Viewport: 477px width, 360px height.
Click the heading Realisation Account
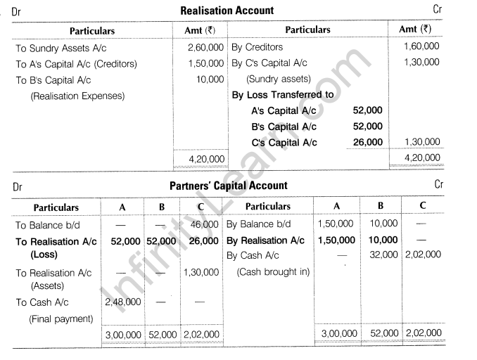coord(227,11)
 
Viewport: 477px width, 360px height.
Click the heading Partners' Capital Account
coord(229,186)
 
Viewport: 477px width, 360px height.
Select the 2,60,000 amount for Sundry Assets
coord(206,48)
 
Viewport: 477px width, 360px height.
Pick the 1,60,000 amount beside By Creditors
coord(421,46)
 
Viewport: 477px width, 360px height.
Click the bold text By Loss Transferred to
coord(283,94)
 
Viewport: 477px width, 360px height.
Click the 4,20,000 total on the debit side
coord(206,160)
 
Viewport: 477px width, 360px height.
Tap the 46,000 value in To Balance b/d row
coord(204,224)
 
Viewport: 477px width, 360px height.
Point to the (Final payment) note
coord(61,318)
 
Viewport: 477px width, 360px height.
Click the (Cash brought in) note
coord(273,271)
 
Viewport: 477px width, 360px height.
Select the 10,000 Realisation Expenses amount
coord(210,79)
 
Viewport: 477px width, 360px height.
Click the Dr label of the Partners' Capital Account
coord(17,187)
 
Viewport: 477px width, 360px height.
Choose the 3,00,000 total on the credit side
coord(337,333)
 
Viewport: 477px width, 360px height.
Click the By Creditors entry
coord(257,47)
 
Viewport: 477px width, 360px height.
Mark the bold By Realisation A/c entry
coord(265,240)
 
